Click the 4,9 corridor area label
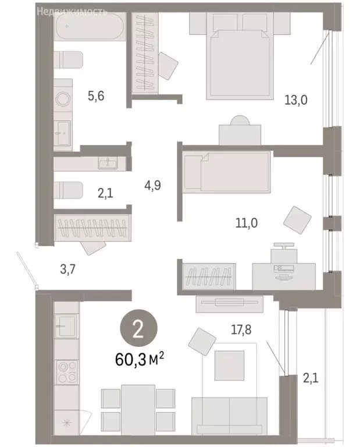pyautogui.click(x=153, y=186)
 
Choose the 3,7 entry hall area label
pyautogui.click(x=69, y=269)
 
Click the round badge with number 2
pyautogui.click(x=138, y=329)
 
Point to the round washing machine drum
pyautogui.click(x=63, y=100)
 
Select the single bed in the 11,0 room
pyautogui.click(x=227, y=172)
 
